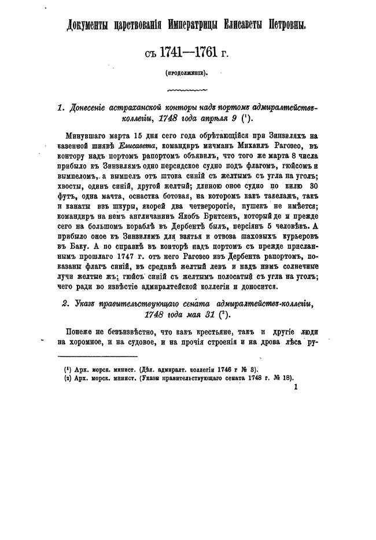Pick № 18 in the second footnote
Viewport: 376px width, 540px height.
pyautogui.click(x=284, y=378)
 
